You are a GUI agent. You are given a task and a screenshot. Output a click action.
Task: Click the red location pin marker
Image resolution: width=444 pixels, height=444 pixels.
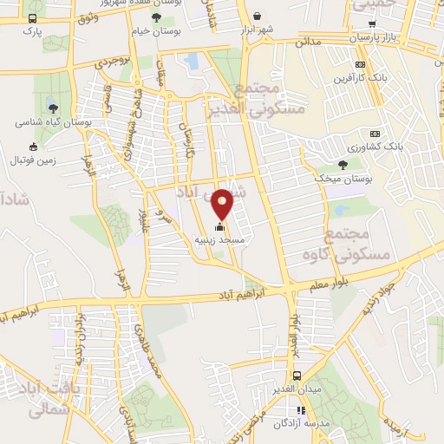pyautogui.click(x=223, y=203)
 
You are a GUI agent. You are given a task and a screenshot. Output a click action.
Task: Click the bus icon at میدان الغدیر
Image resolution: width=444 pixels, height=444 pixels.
pyautogui.click(x=297, y=375)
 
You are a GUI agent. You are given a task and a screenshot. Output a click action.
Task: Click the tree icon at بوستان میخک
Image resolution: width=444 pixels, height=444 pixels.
pyautogui.click(x=344, y=165)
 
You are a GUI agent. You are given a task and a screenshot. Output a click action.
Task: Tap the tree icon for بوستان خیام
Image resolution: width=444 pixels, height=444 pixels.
pyautogui.click(x=155, y=16)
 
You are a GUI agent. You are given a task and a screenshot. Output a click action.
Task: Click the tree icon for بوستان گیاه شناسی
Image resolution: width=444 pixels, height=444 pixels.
pyautogui.click(x=53, y=108)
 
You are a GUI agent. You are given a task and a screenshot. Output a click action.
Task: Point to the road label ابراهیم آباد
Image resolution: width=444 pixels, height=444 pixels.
pyautogui.click(x=260, y=294)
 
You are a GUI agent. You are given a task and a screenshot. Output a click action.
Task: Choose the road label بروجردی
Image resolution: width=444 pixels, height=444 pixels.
pyautogui.click(x=113, y=63)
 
